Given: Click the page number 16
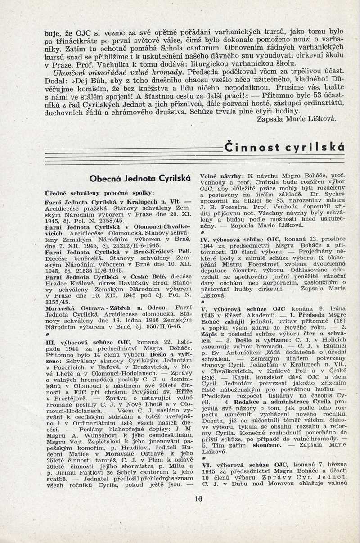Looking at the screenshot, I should click(x=199, y=498).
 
